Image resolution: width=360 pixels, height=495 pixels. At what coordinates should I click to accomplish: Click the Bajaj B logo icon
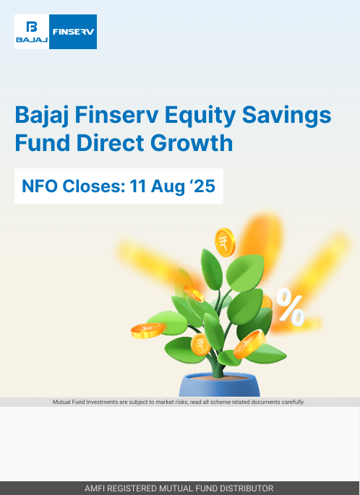(32, 27)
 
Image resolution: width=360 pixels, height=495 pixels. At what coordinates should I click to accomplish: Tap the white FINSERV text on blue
(73, 32)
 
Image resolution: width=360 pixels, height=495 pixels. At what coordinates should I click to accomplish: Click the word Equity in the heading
(200, 116)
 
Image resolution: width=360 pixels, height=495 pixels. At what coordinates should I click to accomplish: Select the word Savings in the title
(286, 116)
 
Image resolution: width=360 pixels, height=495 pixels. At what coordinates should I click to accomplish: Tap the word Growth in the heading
(192, 142)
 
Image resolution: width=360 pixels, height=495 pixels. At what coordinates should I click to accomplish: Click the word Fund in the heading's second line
(43, 142)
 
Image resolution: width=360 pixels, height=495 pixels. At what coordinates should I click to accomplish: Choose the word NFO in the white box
(40, 186)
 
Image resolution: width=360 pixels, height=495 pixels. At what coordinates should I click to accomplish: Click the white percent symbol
(291, 307)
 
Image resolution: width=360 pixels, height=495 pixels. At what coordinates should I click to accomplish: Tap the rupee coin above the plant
(225, 242)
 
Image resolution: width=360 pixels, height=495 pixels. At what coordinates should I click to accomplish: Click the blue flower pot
(220, 384)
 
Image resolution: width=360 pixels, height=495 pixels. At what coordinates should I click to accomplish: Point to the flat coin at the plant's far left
(147, 330)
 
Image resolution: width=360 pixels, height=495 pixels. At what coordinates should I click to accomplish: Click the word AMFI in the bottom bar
(94, 488)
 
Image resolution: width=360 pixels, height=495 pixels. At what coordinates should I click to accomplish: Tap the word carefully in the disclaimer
(293, 403)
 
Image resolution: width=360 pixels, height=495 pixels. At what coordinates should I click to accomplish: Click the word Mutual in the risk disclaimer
(60, 402)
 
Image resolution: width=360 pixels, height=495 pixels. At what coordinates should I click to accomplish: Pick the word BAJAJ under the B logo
(32, 40)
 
